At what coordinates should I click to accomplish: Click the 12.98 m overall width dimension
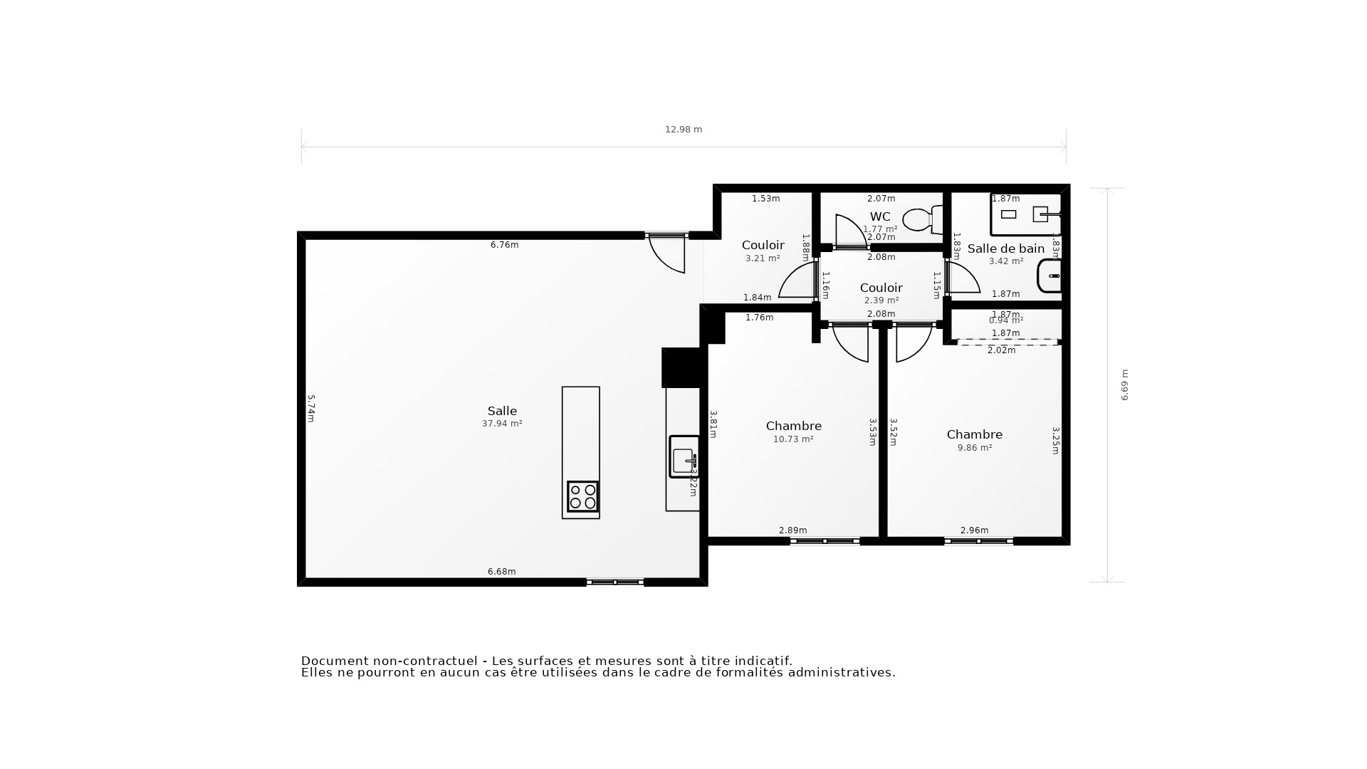[x=683, y=130]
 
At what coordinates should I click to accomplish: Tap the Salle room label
[x=502, y=411]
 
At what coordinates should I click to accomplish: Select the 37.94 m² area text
[x=502, y=424]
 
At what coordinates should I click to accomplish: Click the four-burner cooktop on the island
[x=582, y=496]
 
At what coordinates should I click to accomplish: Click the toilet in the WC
[x=922, y=219]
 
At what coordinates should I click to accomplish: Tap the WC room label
[x=880, y=216]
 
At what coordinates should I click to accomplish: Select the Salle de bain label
[x=1005, y=249]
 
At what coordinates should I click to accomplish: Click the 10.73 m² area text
[x=793, y=439]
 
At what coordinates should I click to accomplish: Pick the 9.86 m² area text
[x=975, y=448]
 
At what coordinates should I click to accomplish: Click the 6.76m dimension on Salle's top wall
[x=504, y=245]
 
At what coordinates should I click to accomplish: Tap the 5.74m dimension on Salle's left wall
[x=311, y=409]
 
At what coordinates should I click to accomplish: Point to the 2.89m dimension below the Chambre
[x=792, y=530]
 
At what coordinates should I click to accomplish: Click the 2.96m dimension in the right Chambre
[x=974, y=530]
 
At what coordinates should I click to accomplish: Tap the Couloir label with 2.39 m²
[x=881, y=288]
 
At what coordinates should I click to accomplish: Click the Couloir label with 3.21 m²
[x=763, y=245]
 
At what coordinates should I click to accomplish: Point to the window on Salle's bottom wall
[x=615, y=582]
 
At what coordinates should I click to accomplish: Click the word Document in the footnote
[x=334, y=661]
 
